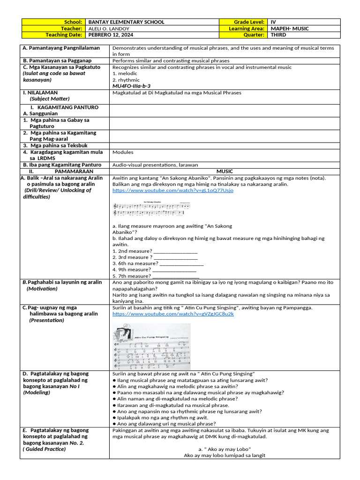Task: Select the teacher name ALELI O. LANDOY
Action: (110, 29)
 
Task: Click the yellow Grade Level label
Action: (249, 22)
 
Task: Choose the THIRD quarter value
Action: (278, 35)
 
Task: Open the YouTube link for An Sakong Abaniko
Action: (172, 190)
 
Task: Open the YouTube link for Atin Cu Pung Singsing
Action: (173, 314)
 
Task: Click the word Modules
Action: (123, 152)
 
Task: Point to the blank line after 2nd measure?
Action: (176, 251)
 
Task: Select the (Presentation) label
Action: (46, 320)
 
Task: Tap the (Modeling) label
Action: (37, 392)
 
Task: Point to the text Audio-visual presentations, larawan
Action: (155, 165)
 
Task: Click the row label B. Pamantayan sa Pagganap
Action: (57, 60)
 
